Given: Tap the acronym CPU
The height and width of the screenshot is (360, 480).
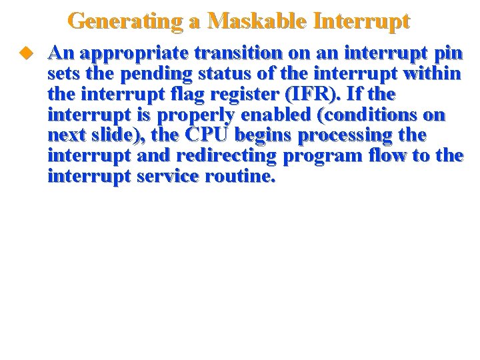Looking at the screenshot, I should pos(207,135).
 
